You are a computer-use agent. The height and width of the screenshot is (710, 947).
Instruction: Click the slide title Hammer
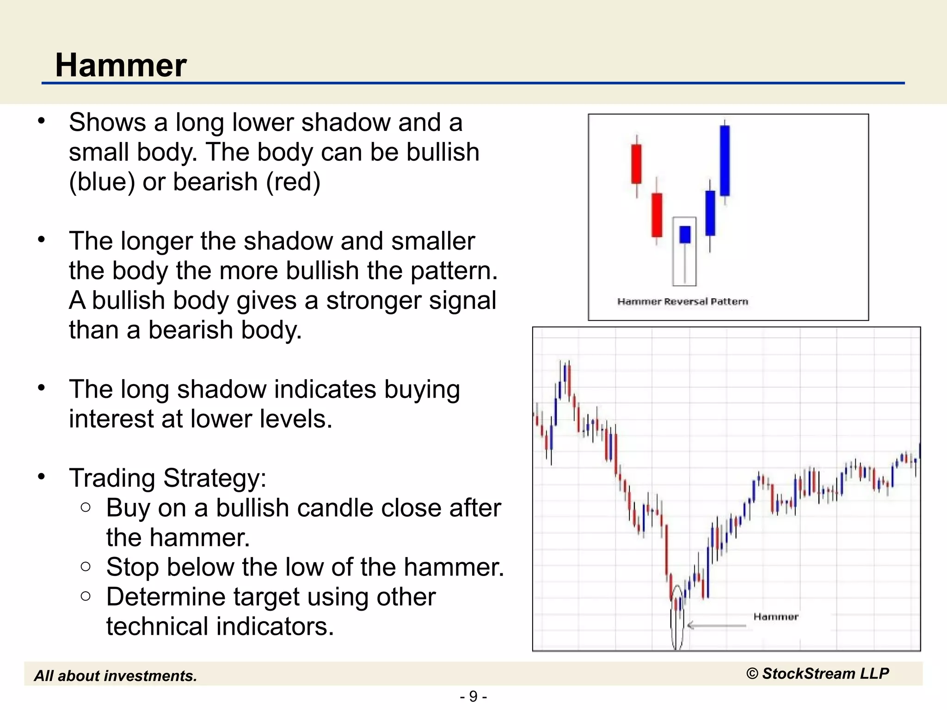click(x=121, y=65)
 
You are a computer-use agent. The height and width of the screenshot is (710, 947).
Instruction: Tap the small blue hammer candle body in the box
click(x=685, y=234)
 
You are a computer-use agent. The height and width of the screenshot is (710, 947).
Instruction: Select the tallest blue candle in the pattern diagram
click(x=725, y=160)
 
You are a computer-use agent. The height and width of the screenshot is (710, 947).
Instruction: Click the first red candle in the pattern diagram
click(x=637, y=164)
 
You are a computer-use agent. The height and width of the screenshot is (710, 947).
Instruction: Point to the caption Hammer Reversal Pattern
click(x=683, y=302)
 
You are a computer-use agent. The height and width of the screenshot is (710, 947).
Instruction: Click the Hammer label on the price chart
click(x=775, y=617)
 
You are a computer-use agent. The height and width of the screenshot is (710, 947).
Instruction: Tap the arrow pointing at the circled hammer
click(x=716, y=625)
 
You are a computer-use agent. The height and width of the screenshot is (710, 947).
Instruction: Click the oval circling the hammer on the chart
click(x=677, y=618)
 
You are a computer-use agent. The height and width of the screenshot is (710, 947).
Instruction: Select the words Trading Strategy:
click(x=168, y=478)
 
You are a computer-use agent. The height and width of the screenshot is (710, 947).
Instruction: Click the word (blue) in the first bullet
click(x=102, y=182)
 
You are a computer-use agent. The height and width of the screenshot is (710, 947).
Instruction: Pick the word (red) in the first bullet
click(x=293, y=182)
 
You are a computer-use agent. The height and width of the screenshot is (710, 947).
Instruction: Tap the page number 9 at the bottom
click(x=473, y=696)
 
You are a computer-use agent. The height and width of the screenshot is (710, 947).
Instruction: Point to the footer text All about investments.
click(x=116, y=676)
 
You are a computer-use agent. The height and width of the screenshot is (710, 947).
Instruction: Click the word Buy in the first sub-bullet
click(x=128, y=508)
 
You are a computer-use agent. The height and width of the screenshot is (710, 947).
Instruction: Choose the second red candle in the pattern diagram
click(x=657, y=215)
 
